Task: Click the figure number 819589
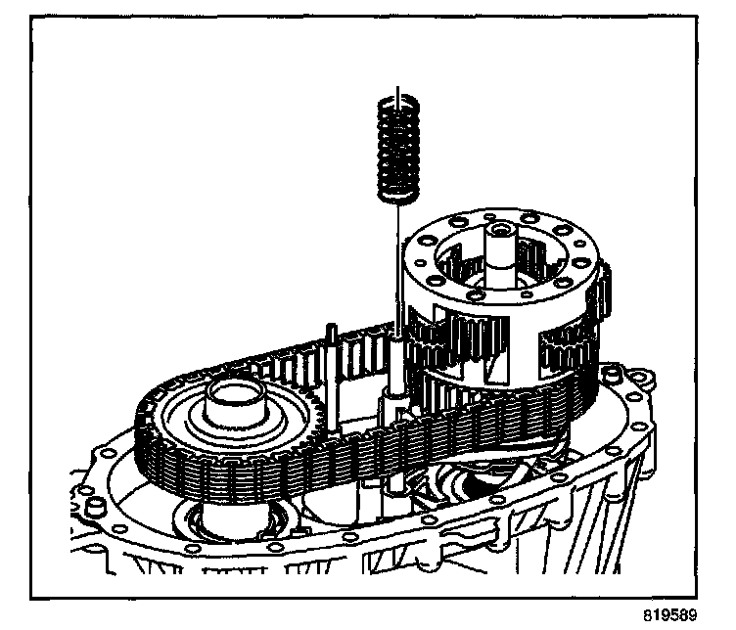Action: pos(670,617)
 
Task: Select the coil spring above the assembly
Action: pos(397,147)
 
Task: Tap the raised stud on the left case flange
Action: pos(97,504)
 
